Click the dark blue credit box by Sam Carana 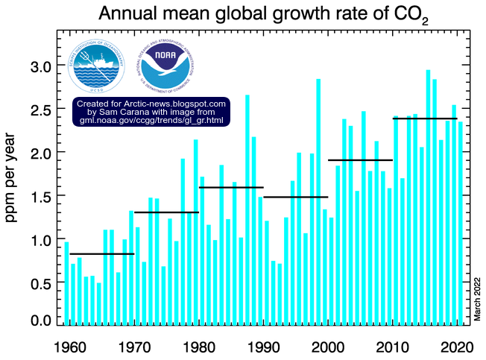(151, 111)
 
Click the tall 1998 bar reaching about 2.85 (318, 201)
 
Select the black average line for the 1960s (102, 254)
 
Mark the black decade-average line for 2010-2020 (425, 119)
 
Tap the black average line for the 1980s (232, 187)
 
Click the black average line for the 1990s (296, 197)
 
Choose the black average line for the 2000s (360, 160)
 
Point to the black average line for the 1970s (166, 212)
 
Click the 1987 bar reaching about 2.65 (247, 209)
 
